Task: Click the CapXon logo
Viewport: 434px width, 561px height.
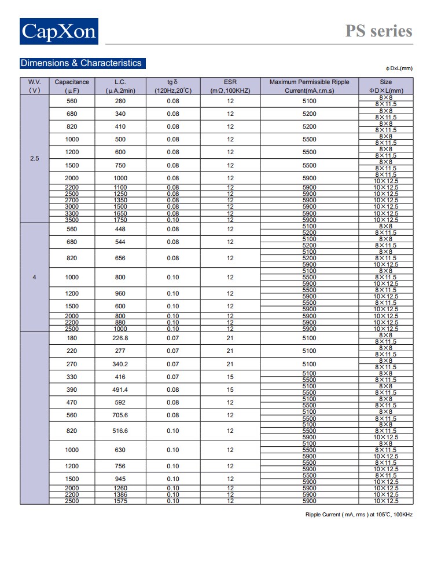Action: (x=58, y=31)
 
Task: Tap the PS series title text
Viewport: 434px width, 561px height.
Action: (x=379, y=31)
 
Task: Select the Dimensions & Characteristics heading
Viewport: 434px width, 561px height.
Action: (x=80, y=63)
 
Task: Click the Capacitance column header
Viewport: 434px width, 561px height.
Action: (x=72, y=86)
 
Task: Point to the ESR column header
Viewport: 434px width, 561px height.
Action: (x=230, y=86)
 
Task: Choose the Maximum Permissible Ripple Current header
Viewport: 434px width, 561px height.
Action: (x=310, y=86)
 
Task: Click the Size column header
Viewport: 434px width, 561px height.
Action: (x=386, y=86)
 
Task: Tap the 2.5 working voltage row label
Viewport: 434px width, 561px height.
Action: (x=34, y=158)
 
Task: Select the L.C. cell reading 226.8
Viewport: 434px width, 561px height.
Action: (x=120, y=338)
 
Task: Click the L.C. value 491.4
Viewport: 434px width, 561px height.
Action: (x=120, y=389)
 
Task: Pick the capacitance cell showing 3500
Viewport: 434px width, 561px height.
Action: (x=72, y=220)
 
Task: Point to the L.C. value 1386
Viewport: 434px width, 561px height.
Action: (x=120, y=494)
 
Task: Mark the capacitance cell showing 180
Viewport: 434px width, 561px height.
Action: (x=72, y=338)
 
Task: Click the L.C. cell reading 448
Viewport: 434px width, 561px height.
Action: (x=120, y=229)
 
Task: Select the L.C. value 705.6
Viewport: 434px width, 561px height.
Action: (x=120, y=415)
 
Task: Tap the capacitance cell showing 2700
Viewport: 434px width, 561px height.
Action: (x=72, y=201)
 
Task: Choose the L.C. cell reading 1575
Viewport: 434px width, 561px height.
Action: (x=120, y=501)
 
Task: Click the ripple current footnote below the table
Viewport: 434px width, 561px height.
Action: (x=359, y=515)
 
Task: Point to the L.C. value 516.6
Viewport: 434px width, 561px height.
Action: (x=120, y=431)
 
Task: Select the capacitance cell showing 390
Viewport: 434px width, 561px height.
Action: (x=72, y=389)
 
